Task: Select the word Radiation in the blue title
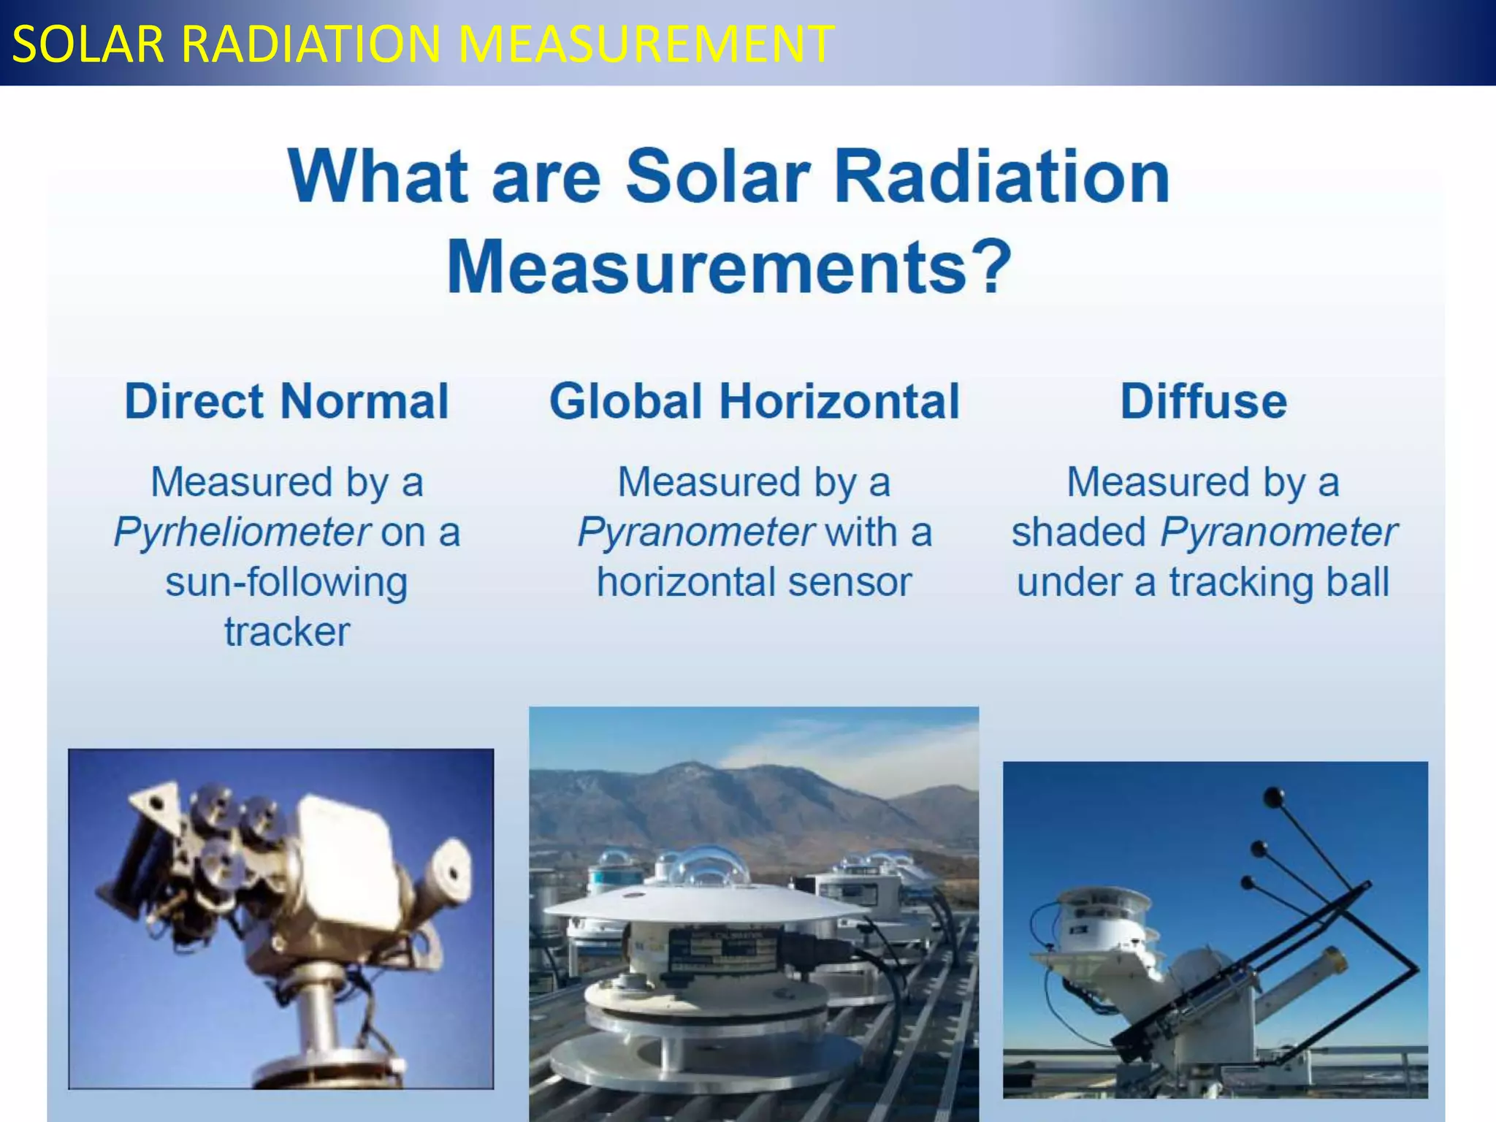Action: pos(1001,177)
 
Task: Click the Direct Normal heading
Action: pos(286,402)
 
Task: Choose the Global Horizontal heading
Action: pos(754,402)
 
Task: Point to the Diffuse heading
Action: pos(1203,402)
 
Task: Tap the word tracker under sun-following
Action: pos(286,632)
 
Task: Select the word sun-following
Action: pos(286,583)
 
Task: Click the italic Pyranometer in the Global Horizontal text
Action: pos(695,532)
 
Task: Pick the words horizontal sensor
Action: pos(754,583)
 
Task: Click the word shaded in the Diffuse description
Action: pos(1078,532)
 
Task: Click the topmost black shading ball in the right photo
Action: pos(1274,796)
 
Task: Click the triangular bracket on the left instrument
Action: pos(156,801)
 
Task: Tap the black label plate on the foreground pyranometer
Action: pos(723,951)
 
